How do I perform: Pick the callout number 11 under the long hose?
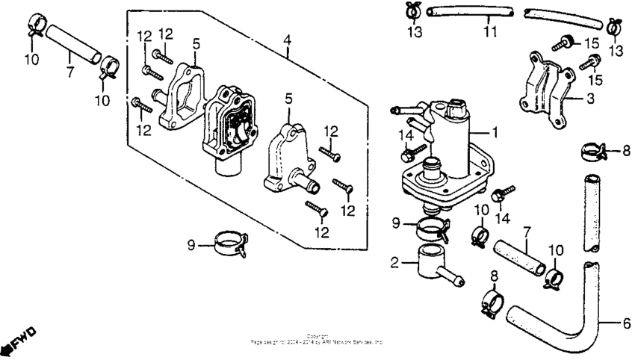[x=489, y=33]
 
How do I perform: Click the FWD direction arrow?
[x=17, y=341]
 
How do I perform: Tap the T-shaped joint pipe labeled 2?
[x=434, y=265]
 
